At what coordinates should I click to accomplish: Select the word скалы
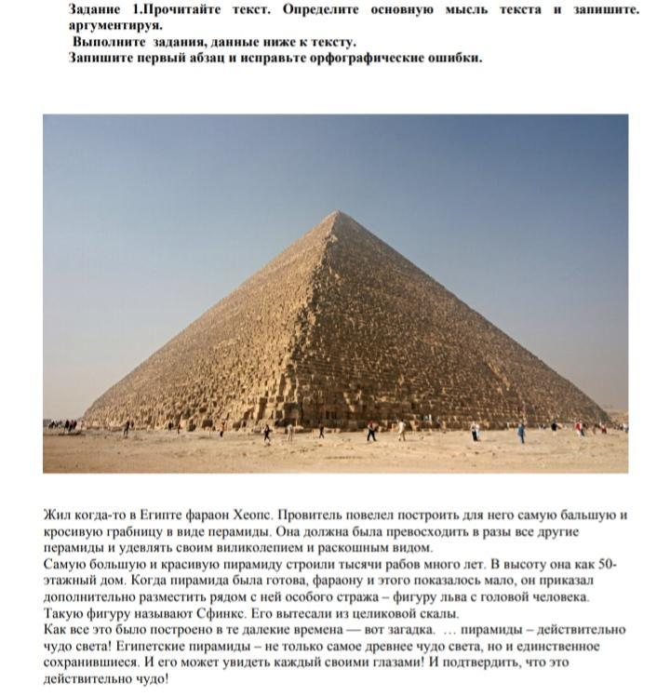pos(438,614)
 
